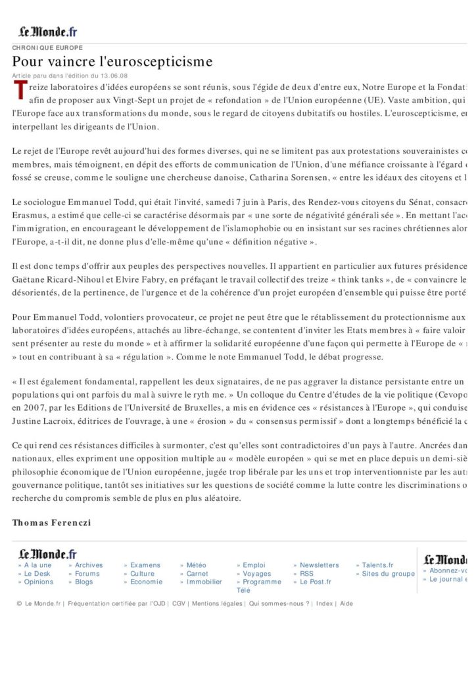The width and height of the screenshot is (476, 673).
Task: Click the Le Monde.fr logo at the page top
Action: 47,31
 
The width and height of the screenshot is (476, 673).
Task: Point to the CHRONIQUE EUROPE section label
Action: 47,48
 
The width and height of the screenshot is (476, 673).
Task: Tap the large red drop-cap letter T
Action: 20,91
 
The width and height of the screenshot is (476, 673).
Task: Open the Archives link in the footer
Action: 88,565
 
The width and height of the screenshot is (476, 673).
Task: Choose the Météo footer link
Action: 196,565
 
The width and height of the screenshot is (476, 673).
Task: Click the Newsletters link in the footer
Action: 319,565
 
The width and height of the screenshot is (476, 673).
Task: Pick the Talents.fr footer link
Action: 377,565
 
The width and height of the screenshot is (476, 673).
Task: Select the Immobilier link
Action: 204,582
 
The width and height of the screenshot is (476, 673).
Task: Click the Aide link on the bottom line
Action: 346,603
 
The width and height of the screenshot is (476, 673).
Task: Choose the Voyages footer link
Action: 256,574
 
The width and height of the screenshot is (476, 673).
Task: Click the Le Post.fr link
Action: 316,582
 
